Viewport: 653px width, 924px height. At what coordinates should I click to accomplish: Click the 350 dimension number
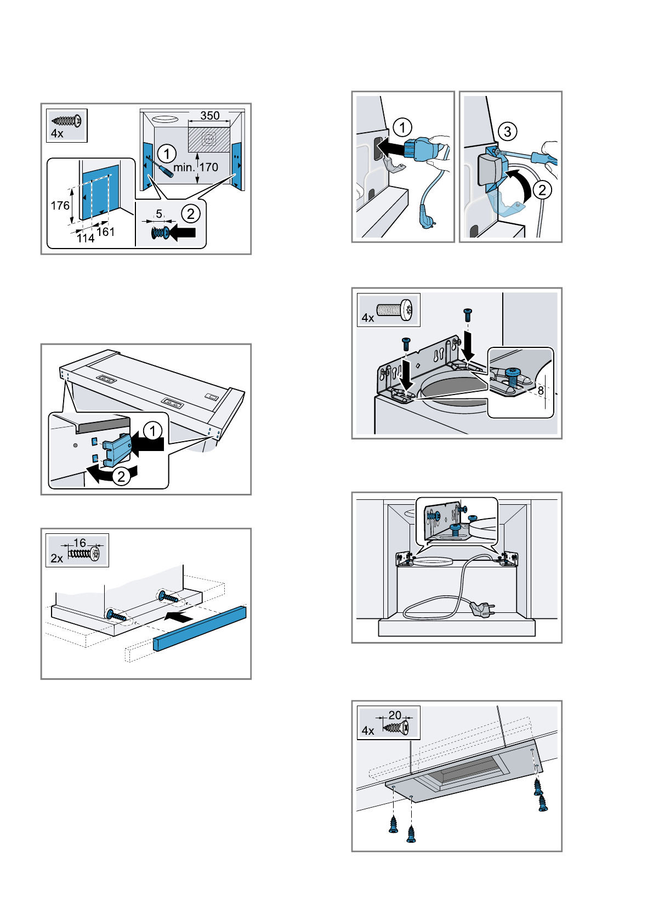coord(210,116)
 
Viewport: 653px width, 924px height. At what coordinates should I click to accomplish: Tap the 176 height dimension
coord(60,206)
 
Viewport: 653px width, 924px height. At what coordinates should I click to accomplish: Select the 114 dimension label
coord(86,238)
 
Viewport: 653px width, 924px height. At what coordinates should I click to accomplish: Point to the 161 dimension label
coord(106,232)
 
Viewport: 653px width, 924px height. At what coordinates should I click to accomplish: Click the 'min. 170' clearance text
coord(196,167)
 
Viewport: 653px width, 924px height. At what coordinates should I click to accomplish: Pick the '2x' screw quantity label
coord(57,559)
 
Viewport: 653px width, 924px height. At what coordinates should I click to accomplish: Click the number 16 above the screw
coord(80,543)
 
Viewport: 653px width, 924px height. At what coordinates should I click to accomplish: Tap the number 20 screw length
coord(395,715)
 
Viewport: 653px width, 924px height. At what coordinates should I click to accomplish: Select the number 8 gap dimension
coord(541,391)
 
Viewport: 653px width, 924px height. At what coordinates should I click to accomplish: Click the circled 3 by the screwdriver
coord(508,132)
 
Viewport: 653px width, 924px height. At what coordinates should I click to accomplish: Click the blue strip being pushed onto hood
coord(200,628)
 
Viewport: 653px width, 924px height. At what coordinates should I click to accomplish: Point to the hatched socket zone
coord(209,139)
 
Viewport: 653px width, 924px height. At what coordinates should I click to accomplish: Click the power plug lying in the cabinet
coord(482,607)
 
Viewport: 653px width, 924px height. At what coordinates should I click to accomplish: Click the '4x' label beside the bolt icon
coord(368,318)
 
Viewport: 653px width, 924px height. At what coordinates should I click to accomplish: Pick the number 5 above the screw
coord(159,214)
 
